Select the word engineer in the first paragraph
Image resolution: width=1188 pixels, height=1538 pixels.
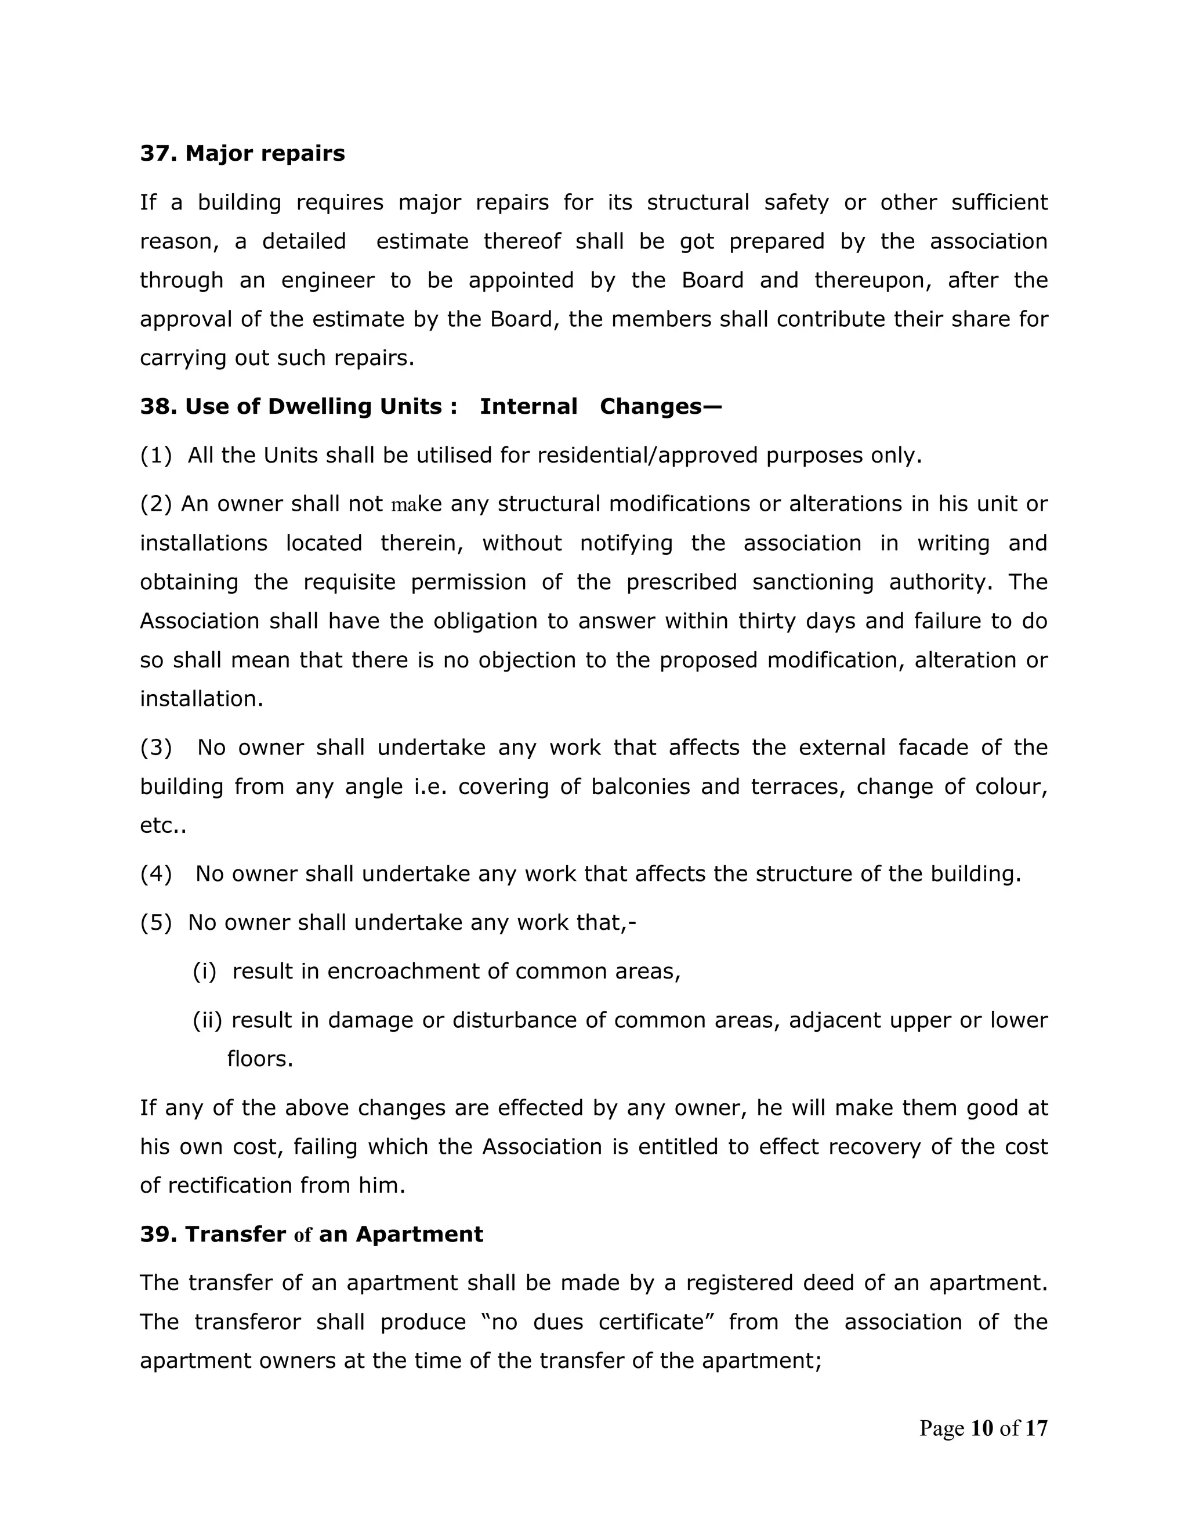pos(328,280)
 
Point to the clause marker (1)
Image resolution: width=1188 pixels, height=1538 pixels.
pos(155,456)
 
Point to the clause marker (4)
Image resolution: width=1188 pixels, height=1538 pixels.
pos(155,874)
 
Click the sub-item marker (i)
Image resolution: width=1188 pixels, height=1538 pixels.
pos(204,971)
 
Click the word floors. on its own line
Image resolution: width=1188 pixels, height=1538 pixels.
pos(260,1059)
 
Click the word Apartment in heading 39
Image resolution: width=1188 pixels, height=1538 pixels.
pos(419,1234)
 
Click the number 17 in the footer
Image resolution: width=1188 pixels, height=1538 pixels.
pos(1036,1428)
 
